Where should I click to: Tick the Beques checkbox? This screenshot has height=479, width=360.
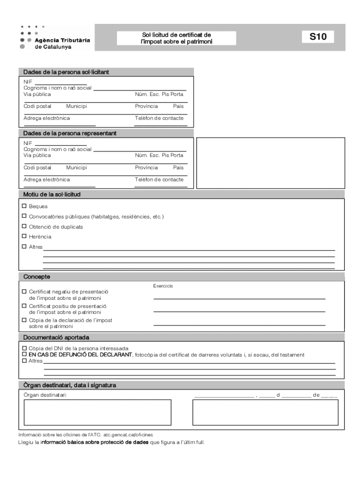point(24,206)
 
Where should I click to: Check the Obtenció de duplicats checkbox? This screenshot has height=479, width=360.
point(24,226)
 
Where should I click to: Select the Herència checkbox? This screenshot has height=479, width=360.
point(24,236)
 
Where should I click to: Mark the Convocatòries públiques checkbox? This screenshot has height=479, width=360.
point(24,216)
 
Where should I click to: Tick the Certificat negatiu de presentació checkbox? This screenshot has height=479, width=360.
point(24,291)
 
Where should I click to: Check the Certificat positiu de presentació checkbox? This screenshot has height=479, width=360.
point(24,306)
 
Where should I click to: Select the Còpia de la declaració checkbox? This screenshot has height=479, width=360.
point(24,320)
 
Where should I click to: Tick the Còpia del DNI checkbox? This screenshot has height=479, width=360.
point(24,348)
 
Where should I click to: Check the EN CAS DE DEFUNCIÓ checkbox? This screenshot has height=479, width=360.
point(24,355)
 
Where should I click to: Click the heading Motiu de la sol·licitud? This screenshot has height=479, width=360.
point(52,194)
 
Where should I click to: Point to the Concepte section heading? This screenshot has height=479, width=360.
point(37,277)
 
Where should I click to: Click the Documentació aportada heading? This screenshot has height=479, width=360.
point(57,337)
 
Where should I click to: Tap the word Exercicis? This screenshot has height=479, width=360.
point(163,285)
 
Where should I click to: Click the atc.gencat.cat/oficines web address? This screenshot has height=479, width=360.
point(128,435)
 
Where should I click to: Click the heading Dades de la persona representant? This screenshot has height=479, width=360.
point(70,133)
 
